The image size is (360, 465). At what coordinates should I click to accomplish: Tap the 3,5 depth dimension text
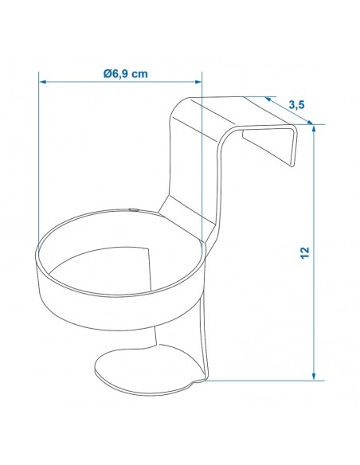tap(296, 104)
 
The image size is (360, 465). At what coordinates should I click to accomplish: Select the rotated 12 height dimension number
tap(304, 252)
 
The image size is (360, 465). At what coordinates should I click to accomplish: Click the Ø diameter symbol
tap(107, 73)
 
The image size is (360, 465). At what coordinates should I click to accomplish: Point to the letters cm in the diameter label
tap(140, 73)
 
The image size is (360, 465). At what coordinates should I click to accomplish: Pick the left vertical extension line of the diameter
tap(39, 159)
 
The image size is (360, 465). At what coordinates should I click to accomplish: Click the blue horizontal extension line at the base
tap(263, 380)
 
